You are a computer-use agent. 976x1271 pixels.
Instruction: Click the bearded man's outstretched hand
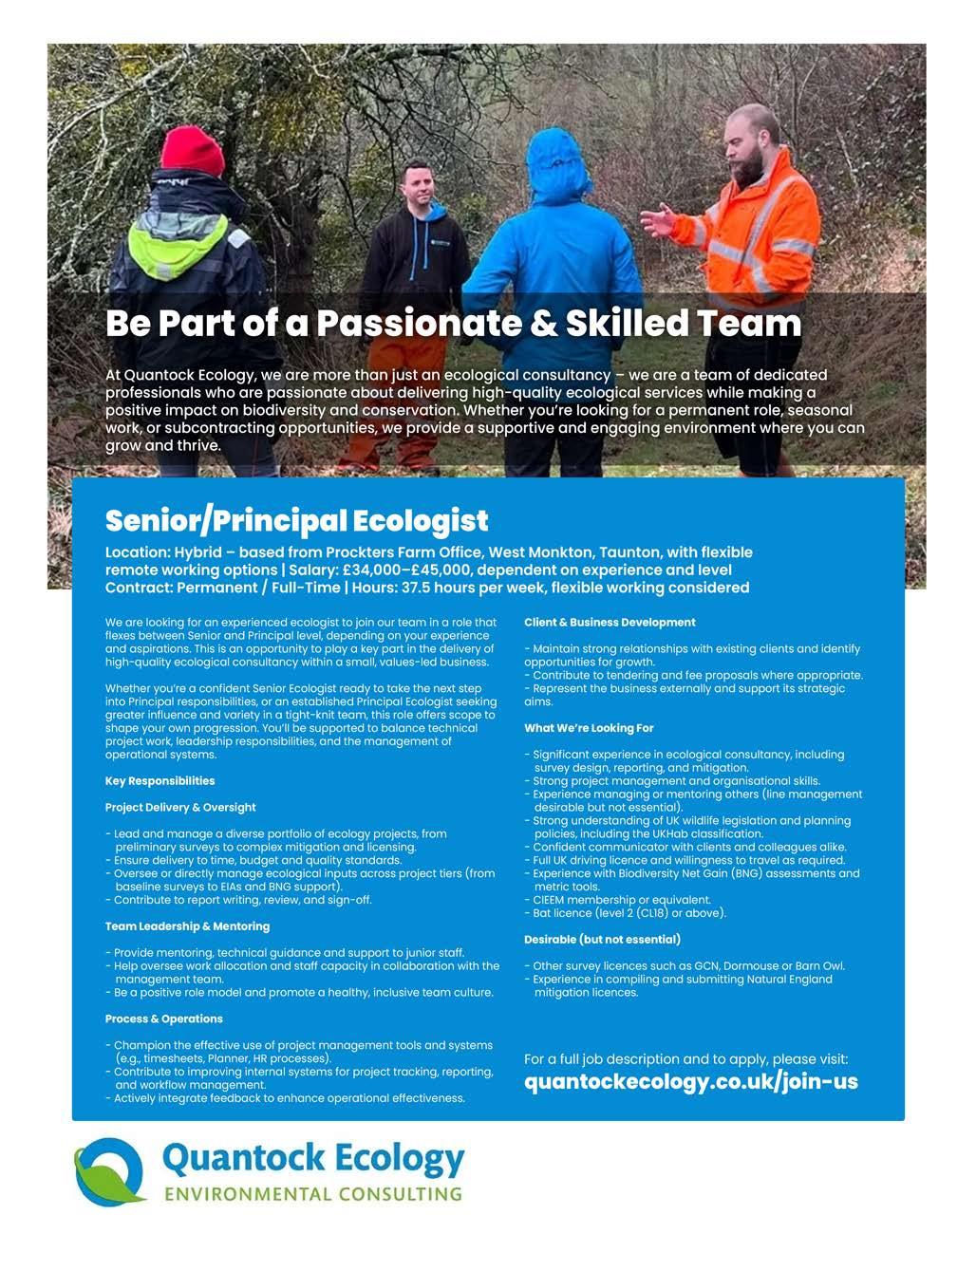click(x=656, y=221)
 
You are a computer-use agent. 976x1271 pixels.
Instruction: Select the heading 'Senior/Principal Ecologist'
click(x=296, y=520)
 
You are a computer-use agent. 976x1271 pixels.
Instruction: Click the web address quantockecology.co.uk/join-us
click(x=690, y=1081)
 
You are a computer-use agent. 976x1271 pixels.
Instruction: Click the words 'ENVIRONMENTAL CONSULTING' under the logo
click(x=312, y=1194)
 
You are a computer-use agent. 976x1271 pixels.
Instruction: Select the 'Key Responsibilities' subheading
click(x=160, y=781)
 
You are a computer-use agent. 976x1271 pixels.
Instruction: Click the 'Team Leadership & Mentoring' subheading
click(x=187, y=925)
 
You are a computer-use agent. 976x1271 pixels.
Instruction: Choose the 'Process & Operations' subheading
click(x=163, y=1019)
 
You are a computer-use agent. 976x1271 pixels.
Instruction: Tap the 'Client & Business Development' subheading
click(x=610, y=623)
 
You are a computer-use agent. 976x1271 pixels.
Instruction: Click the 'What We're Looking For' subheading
click(x=589, y=728)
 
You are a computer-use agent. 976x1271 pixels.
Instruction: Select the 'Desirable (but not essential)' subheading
click(x=602, y=939)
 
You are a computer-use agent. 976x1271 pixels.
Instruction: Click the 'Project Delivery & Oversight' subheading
click(x=180, y=808)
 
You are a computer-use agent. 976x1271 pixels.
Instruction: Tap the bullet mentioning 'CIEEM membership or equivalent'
click(x=621, y=900)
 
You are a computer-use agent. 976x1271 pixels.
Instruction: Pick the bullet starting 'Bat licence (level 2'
click(x=629, y=913)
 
